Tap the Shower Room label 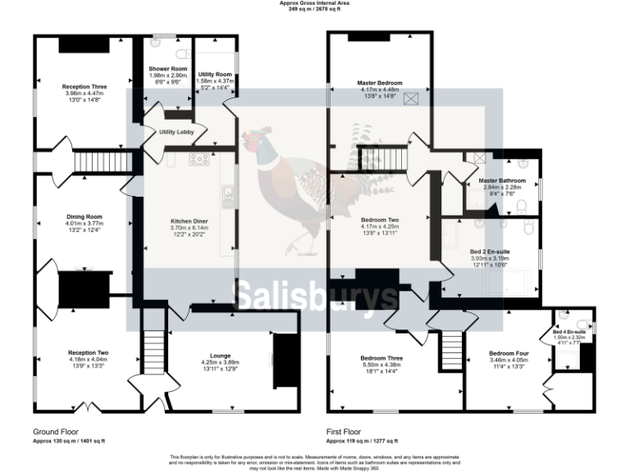point(167,69)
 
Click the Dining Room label point(83,217)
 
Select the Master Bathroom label point(502,180)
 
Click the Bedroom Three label point(381,358)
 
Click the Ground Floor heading point(56,431)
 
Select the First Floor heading point(344,431)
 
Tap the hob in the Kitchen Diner point(199,159)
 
